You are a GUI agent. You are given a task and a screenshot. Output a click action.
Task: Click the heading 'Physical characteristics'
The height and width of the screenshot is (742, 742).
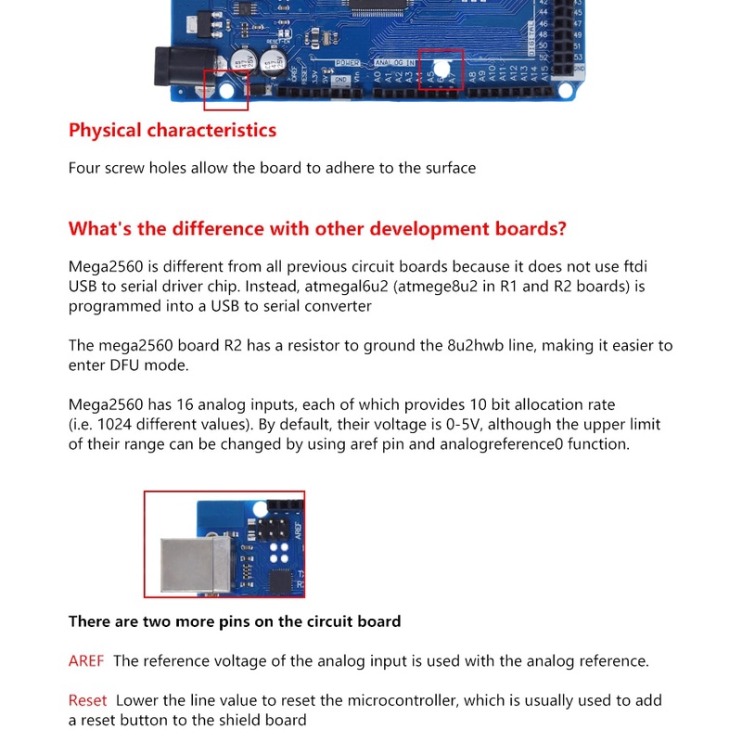[x=173, y=130]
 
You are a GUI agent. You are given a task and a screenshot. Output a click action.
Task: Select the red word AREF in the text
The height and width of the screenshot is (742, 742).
[x=86, y=661]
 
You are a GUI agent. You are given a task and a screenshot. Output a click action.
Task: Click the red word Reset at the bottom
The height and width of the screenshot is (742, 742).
[x=87, y=700]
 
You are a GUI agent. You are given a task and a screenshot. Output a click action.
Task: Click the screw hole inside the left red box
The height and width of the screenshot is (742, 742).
[x=228, y=91]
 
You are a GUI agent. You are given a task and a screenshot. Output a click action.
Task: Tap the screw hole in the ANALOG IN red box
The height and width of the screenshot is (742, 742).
[x=442, y=68]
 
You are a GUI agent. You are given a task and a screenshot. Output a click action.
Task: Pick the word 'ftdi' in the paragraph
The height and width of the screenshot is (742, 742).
[x=657, y=266]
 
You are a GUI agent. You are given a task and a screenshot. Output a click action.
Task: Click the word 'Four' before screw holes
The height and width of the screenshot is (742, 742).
[x=86, y=168]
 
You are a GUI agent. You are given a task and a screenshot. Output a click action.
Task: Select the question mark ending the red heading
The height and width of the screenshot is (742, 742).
[x=560, y=229]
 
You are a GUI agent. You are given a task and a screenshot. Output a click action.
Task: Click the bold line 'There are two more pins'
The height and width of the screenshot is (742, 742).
[x=235, y=621]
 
